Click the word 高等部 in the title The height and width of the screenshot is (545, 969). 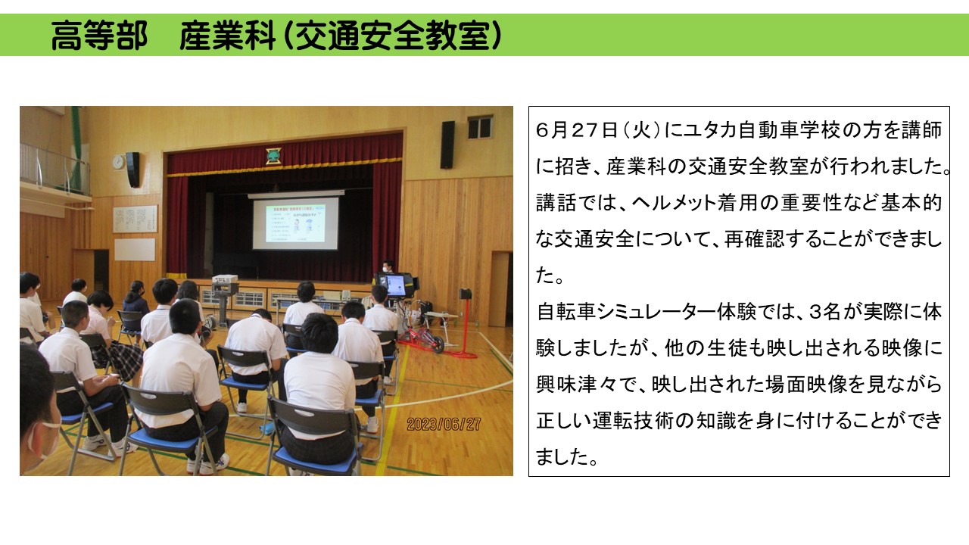coord(99,35)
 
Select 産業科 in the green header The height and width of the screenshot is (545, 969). coord(228,35)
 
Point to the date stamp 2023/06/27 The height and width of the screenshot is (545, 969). coord(444,424)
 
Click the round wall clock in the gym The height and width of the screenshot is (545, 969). coord(118,162)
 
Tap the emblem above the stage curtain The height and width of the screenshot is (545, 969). coord(273,156)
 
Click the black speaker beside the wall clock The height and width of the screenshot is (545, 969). coord(132,170)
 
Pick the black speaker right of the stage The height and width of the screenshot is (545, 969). coord(447,145)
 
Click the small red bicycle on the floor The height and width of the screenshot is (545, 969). coord(422,340)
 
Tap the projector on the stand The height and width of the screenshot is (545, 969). coord(225,279)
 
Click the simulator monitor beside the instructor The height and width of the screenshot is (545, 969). coord(395,285)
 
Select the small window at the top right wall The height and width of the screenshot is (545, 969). coord(480,126)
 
